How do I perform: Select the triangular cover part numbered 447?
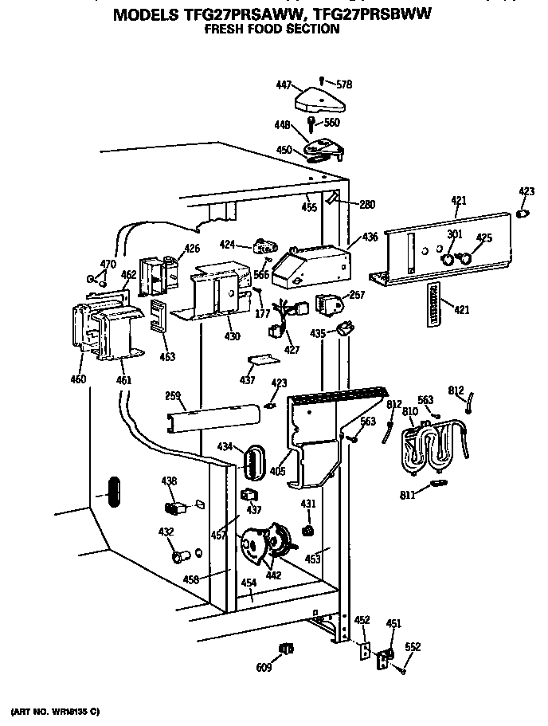click(x=318, y=101)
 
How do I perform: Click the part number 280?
click(x=366, y=205)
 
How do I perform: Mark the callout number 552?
click(x=413, y=647)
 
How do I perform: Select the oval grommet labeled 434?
click(x=254, y=461)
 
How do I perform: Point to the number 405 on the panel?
click(x=276, y=471)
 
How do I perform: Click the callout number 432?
click(x=165, y=532)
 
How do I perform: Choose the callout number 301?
click(x=454, y=234)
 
